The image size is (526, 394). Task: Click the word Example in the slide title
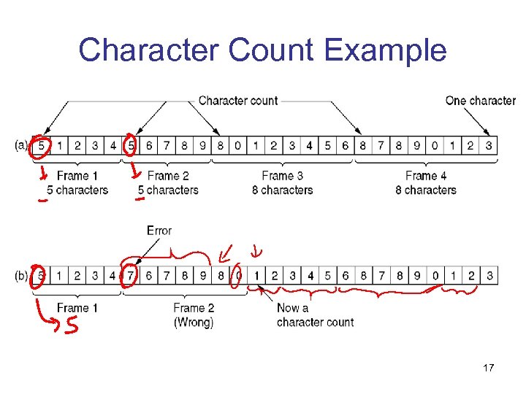coord(385,50)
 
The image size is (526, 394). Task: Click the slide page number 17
coord(488,368)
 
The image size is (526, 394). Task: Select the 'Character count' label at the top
coord(238,101)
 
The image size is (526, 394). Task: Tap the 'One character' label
coord(480,101)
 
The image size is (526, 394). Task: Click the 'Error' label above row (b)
coord(159,231)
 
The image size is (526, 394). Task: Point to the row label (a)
coord(22,146)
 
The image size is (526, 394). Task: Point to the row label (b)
coord(22,277)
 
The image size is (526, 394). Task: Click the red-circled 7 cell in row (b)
coord(131,277)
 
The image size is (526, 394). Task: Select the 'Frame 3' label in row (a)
coord(282,176)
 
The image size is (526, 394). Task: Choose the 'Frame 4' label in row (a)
coord(426,176)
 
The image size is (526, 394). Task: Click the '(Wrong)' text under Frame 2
coord(194,322)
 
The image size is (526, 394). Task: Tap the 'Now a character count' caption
coord(314,315)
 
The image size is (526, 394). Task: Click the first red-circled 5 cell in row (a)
coord(41,146)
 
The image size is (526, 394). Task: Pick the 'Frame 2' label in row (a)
coord(168,176)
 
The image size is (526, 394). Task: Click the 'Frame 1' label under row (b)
coord(77,308)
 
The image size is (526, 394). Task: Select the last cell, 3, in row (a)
coord(488,146)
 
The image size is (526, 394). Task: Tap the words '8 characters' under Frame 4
coord(426,190)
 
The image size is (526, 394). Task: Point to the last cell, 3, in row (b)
coord(488,277)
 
